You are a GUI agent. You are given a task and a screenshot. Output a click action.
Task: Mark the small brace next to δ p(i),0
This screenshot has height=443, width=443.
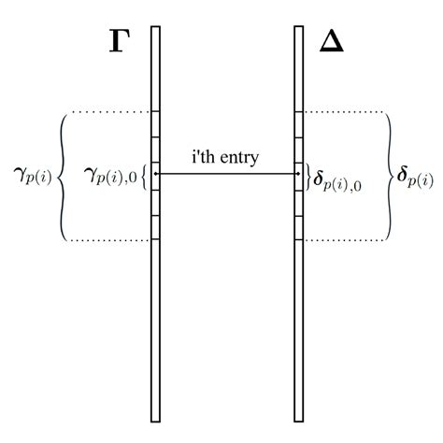pos(308,175)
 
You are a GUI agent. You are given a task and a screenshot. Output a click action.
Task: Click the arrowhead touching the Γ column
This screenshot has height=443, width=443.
pos(156,174)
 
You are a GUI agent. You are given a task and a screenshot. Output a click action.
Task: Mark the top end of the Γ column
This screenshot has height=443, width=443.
pos(155,27)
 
